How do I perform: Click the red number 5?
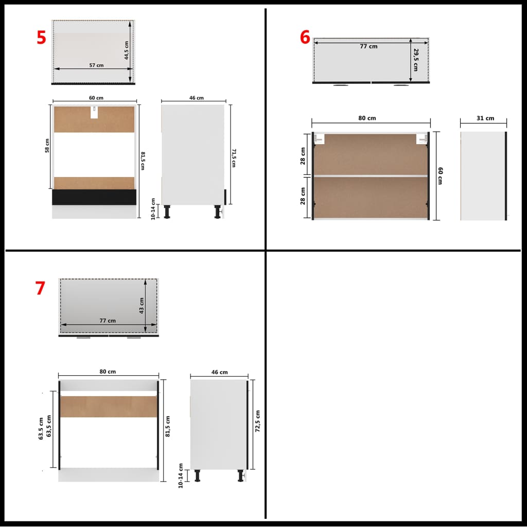point(41,38)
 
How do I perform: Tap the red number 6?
point(305,38)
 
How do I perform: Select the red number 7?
point(40,288)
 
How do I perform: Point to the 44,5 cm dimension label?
point(127,50)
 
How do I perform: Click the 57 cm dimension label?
point(96,65)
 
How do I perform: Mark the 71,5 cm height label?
point(233,158)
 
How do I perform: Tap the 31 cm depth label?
point(485,118)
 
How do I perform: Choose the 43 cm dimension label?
point(142,306)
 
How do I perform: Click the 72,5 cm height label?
point(257,422)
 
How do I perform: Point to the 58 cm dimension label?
point(47,146)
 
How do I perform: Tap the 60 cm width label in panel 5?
point(96,98)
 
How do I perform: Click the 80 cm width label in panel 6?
point(367,118)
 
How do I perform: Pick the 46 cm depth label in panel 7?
point(219,372)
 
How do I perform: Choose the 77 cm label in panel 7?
point(108,321)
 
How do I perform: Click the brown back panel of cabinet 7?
point(108,407)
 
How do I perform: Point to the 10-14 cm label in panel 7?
point(181,476)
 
